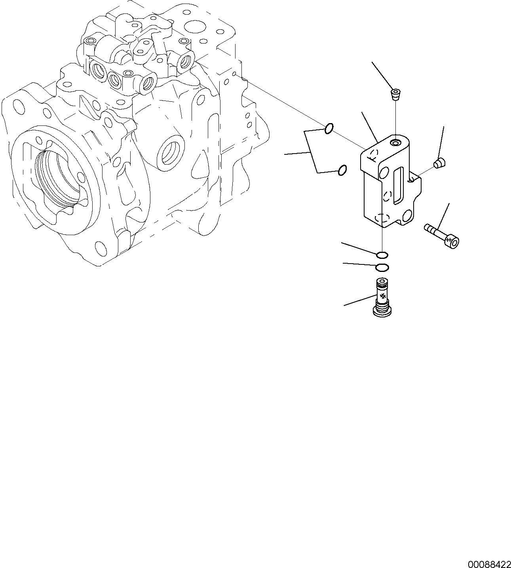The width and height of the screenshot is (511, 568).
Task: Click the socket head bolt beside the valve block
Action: point(440,235)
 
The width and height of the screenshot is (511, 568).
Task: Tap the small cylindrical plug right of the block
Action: point(439,162)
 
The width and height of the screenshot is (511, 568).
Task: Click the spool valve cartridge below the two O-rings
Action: point(382,297)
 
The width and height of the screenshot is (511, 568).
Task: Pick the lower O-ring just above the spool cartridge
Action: point(382,268)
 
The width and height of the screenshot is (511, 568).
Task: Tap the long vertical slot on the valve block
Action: point(398,185)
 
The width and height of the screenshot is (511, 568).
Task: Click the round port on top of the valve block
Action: point(396,142)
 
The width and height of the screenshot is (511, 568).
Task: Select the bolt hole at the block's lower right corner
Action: point(406,216)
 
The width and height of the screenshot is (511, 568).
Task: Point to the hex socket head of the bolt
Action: point(453,241)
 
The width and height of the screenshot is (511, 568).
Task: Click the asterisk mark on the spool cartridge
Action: point(382,296)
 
